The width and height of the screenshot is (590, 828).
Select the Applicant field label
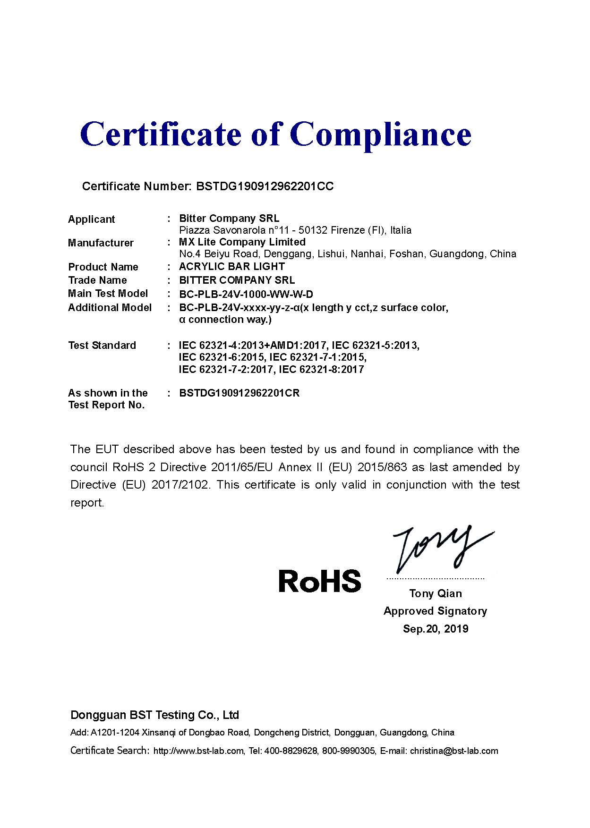point(91,220)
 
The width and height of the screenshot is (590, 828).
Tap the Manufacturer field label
point(101,243)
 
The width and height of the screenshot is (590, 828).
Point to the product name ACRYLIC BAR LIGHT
point(232,267)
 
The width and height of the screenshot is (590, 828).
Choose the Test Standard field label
point(102,346)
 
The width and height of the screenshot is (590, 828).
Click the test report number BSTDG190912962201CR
point(239,393)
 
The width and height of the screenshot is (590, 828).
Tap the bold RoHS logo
point(320,581)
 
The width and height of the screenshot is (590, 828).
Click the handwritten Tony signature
point(439,548)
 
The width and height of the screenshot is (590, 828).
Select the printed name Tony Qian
point(436,594)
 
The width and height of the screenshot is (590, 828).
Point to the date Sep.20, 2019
point(436,629)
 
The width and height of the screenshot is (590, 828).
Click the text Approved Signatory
point(435,611)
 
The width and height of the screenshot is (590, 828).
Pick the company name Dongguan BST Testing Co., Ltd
point(154,715)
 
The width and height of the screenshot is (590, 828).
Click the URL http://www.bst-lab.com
point(199,751)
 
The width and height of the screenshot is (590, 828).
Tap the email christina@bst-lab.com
point(454,751)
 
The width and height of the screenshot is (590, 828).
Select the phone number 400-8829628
point(291,751)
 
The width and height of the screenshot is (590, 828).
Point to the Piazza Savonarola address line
point(295,231)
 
